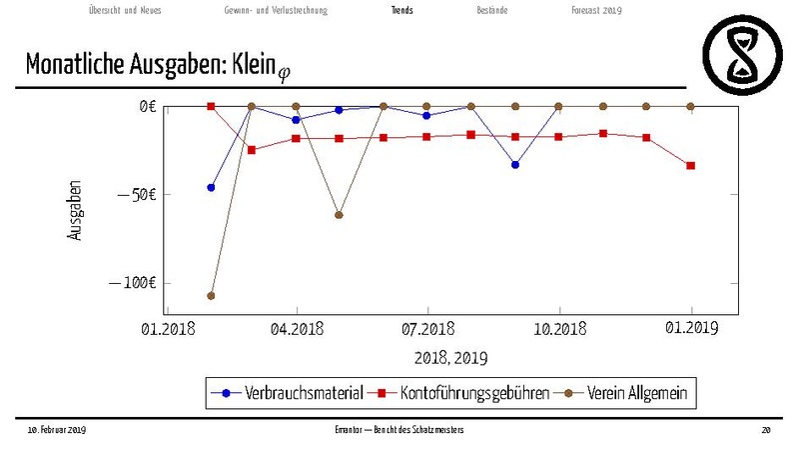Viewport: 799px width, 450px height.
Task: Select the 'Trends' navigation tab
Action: pyautogui.click(x=402, y=10)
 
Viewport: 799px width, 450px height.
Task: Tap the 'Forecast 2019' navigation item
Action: pyautogui.click(x=596, y=10)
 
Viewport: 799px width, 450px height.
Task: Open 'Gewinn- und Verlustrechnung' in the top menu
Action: pyautogui.click(x=276, y=10)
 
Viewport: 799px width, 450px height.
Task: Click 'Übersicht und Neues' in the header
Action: pyautogui.click(x=124, y=10)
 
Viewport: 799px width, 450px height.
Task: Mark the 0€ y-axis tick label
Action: pyautogui.click(x=148, y=106)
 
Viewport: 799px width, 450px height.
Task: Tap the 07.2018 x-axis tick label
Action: pyautogui.click(x=427, y=328)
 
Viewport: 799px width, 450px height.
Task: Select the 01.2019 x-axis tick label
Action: pyautogui.click(x=691, y=328)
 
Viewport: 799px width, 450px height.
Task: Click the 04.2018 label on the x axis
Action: pyautogui.click(x=297, y=328)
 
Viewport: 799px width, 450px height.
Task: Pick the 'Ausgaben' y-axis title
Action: pyautogui.click(x=76, y=210)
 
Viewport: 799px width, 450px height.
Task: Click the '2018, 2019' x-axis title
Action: pyautogui.click(x=450, y=356)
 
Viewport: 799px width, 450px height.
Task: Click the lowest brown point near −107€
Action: pyautogui.click(x=211, y=295)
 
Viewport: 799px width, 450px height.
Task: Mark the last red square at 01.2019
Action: pyautogui.click(x=691, y=165)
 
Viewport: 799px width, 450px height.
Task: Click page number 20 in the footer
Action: pyautogui.click(x=766, y=430)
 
